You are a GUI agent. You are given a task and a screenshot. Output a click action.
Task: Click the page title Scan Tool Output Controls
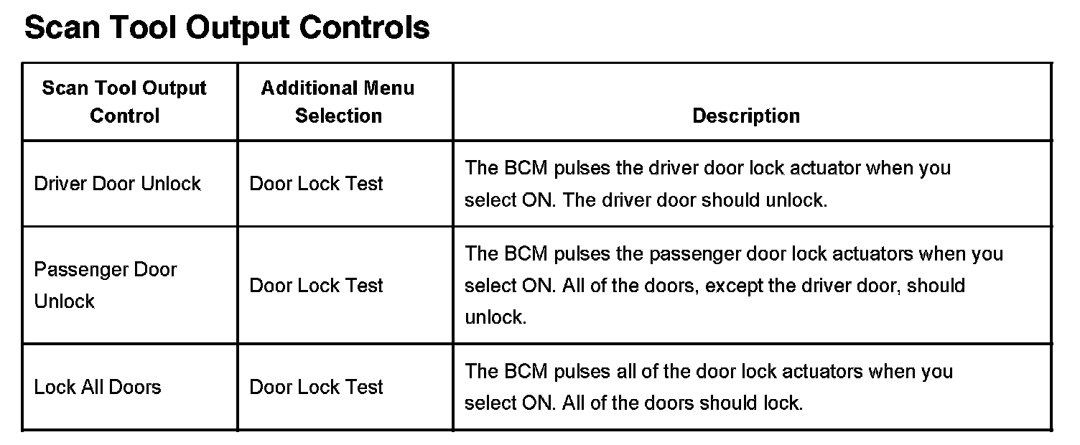click(x=227, y=27)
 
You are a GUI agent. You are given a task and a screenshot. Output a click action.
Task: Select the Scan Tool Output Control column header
click(x=124, y=102)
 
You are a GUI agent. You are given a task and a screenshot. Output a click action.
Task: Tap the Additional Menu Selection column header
click(x=338, y=102)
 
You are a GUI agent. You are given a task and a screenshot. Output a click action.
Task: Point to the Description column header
click(x=745, y=116)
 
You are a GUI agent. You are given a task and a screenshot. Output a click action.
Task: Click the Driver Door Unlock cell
click(x=118, y=184)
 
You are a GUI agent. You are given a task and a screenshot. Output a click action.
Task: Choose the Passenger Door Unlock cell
click(x=105, y=285)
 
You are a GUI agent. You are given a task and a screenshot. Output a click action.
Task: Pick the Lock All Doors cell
click(x=98, y=388)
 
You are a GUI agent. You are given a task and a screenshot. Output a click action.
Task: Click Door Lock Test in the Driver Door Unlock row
click(x=316, y=184)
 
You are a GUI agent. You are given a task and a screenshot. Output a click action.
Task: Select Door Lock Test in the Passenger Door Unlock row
click(x=316, y=286)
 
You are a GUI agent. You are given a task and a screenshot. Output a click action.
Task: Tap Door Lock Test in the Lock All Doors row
click(x=316, y=388)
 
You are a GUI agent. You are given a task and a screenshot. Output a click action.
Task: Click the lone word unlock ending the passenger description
click(x=495, y=317)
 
